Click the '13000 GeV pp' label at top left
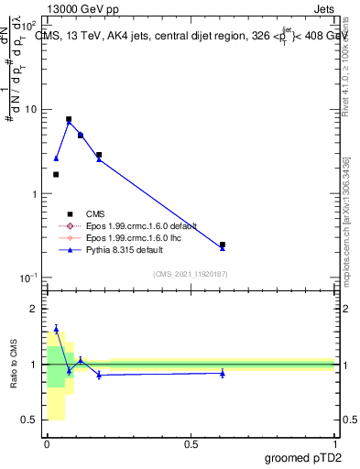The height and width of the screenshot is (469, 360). coord(48,8)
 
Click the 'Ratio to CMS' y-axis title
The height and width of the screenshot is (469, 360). coord(14,364)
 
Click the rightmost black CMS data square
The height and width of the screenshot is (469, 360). coord(223,245)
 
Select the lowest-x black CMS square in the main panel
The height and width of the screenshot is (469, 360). coord(56,174)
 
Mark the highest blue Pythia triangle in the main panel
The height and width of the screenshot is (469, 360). coord(69,122)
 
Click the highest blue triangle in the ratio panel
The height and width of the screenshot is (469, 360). coord(56,329)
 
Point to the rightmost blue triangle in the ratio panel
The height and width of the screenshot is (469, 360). coord(223,373)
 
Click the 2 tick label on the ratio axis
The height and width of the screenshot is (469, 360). coord(34,310)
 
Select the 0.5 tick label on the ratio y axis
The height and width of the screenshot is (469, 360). coord(30,420)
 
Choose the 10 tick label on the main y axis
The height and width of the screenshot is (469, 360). coord(28,110)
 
